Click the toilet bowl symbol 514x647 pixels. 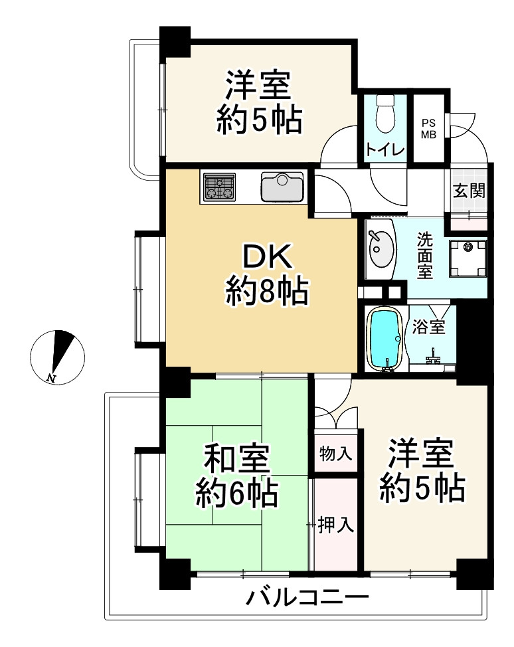tap(385, 115)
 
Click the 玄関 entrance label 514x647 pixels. tap(469, 191)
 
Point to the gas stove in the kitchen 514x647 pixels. tap(220, 187)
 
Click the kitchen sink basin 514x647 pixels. tap(282, 186)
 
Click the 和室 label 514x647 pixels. tap(236, 459)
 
